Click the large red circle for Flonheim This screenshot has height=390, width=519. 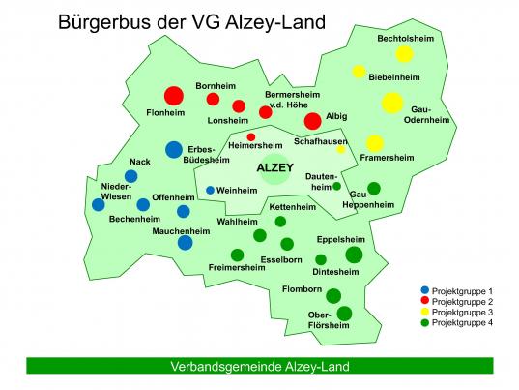(173, 96)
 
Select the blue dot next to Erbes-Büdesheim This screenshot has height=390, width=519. (173, 149)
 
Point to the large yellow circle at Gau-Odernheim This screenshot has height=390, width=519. (391, 103)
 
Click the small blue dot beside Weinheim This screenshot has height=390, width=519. (210, 190)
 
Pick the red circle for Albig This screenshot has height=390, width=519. (312, 121)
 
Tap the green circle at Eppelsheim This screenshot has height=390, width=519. (354, 255)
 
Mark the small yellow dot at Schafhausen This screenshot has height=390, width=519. (340, 149)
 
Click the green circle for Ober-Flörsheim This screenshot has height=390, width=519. (345, 313)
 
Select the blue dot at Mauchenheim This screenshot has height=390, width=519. (185, 242)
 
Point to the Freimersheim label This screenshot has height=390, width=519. (236, 267)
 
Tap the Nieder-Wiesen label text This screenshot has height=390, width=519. (116, 191)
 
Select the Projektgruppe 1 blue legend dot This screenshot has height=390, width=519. (424, 290)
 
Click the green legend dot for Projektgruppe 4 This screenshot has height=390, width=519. (424, 322)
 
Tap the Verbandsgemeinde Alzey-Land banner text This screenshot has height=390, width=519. (259, 367)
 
